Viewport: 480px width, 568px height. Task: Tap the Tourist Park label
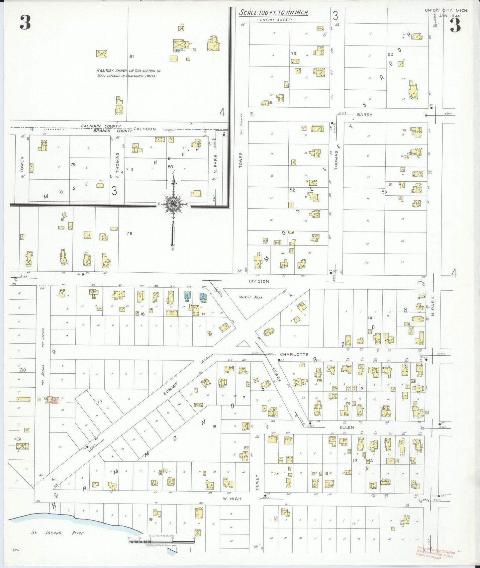250,297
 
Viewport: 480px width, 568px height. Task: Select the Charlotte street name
294,354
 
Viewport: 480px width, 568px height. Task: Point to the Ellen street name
346,427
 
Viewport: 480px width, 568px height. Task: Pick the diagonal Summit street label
171,389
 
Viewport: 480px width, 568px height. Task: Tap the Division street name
259,281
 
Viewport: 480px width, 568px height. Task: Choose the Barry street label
364,115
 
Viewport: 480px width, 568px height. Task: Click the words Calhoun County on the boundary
101,126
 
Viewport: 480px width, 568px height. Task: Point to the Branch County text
108,131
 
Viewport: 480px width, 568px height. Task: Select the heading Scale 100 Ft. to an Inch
273,13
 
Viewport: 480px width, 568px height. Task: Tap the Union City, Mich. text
446,11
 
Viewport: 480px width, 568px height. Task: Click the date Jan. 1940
449,16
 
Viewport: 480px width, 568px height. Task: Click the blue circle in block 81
178,50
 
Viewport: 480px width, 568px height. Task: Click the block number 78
129,234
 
